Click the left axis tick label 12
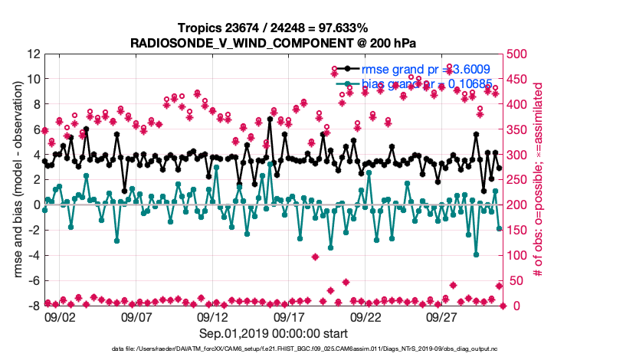33,54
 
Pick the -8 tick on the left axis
34,306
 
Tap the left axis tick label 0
36,205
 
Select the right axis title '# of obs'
539,180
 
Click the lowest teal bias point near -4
477,254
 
